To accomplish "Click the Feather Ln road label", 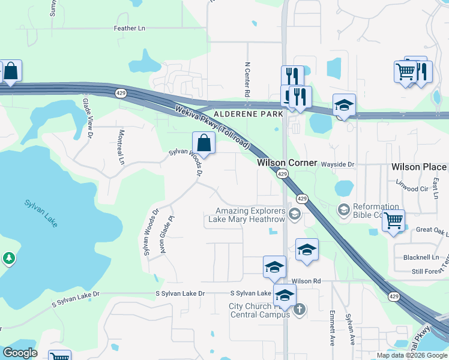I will pyautogui.click(x=130, y=28).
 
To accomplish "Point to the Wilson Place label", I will pyautogui.click(x=419, y=167).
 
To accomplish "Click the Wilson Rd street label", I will pyautogui.click(x=306, y=281).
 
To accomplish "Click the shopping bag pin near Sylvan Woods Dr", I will pyautogui.click(x=203, y=143).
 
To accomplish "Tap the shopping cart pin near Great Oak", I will pyautogui.click(x=393, y=221).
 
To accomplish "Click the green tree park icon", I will pyautogui.click(x=8, y=258).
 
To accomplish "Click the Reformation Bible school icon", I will pyautogui.click(x=344, y=209).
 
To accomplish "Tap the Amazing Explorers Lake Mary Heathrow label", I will pyautogui.click(x=249, y=215).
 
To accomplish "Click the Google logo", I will pyautogui.click(x=20, y=353).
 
